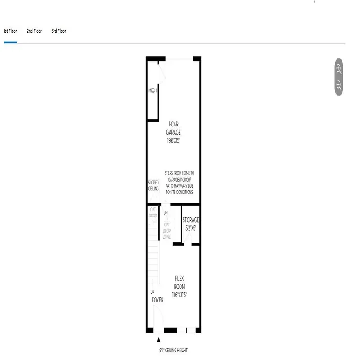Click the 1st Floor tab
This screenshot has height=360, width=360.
tap(10, 31)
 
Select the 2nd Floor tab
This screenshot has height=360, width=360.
tap(34, 31)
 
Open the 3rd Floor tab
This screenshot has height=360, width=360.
tap(58, 31)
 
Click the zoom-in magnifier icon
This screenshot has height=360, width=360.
tap(339, 69)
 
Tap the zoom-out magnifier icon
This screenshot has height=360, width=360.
tap(339, 85)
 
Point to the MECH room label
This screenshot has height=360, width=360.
tap(153, 91)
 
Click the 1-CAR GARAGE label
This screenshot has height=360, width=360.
tap(173, 128)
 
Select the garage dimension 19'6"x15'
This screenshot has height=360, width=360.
tap(173, 140)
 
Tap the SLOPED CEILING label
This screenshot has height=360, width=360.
tap(153, 186)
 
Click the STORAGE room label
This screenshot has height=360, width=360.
tap(190, 220)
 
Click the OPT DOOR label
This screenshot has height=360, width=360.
tap(153, 212)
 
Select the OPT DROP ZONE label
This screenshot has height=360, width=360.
tap(166, 230)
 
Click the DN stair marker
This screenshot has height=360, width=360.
tap(166, 213)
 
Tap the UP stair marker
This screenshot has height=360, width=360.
tap(153, 292)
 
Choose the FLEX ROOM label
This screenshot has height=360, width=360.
tap(180, 282)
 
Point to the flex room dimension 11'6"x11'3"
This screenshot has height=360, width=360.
tap(180, 295)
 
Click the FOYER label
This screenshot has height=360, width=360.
tap(157, 300)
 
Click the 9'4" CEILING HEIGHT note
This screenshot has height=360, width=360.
tap(173, 351)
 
